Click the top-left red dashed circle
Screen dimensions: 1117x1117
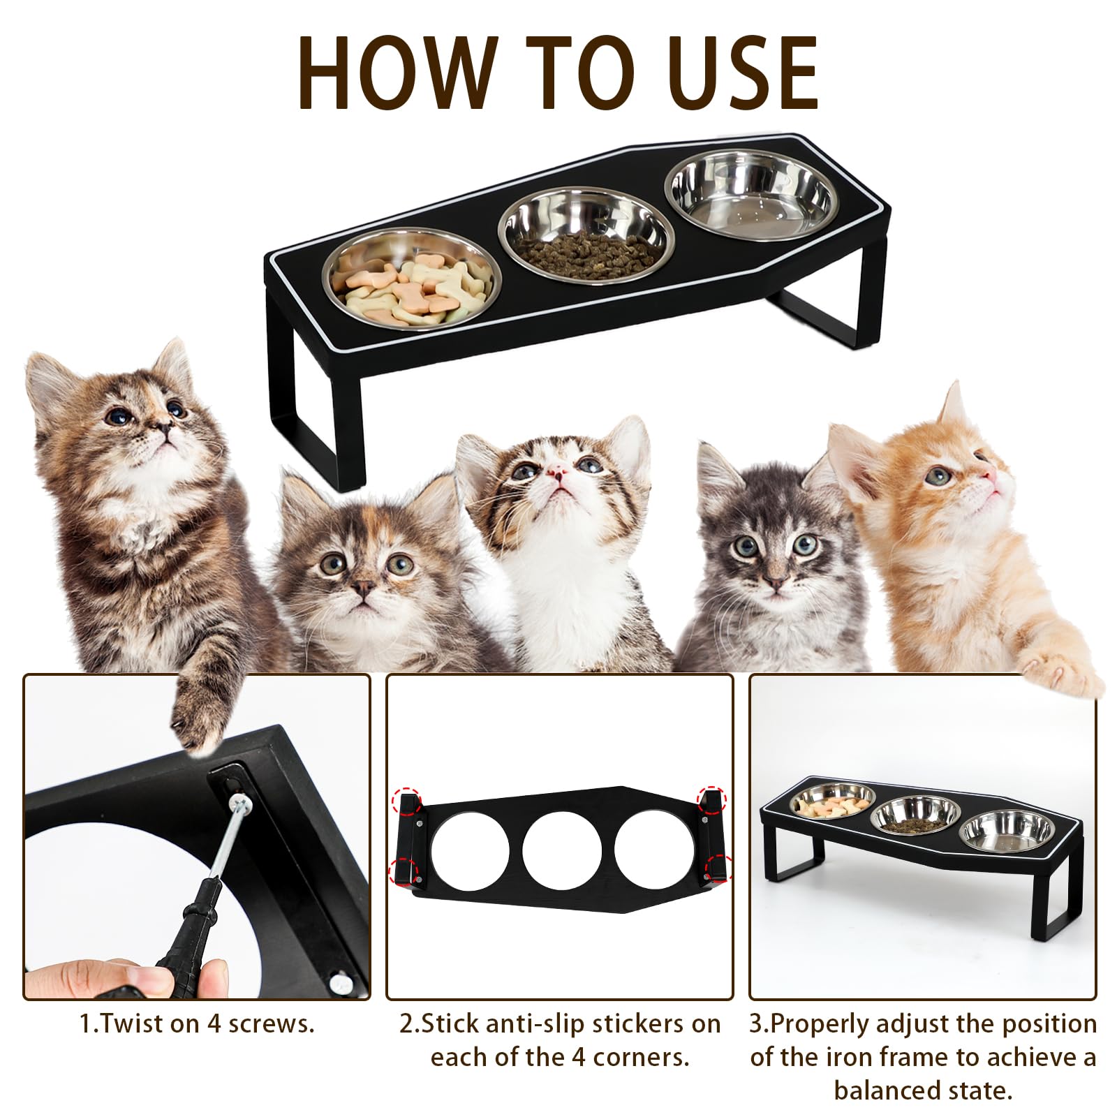point(406,800)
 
